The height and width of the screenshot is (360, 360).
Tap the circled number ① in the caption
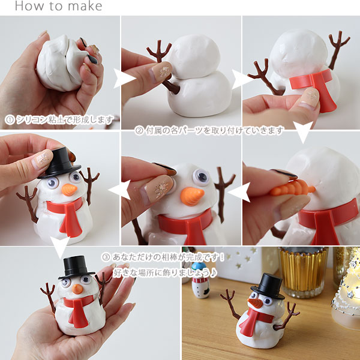coord(10,120)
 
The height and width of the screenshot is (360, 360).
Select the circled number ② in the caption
coord(139,130)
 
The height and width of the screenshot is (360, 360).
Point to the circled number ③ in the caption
coord(106,257)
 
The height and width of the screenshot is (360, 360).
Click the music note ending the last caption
coord(214,273)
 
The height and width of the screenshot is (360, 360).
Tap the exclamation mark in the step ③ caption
coord(221,257)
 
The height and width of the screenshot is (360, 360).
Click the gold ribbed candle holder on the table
coord(304,271)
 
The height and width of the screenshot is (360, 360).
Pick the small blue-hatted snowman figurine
coord(200,280)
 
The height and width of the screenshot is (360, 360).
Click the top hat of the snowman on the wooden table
coord(268,286)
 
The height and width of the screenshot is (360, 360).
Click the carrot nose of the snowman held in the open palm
coord(77,289)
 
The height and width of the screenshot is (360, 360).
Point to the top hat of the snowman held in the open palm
coord(76,267)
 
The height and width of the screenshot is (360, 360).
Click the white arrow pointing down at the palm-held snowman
coord(60,247)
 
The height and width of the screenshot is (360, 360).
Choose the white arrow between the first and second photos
coord(124,79)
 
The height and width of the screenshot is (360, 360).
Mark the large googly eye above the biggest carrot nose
coord(201,177)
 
